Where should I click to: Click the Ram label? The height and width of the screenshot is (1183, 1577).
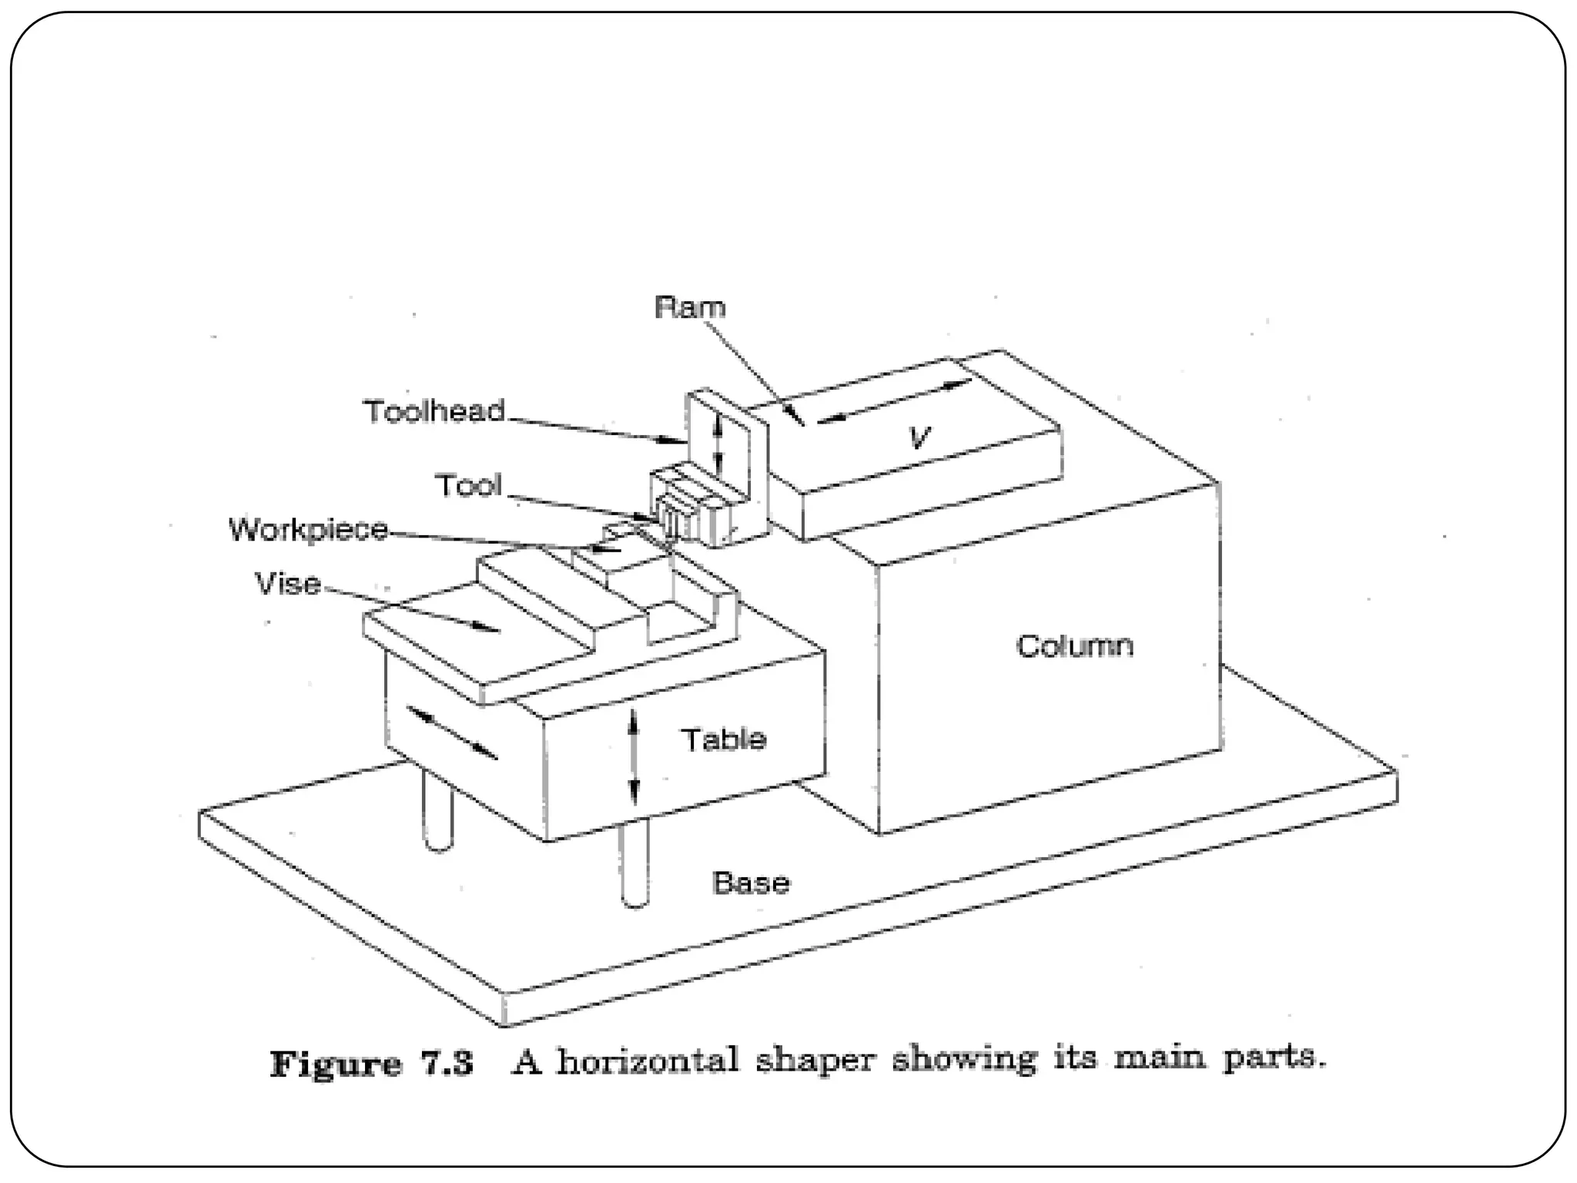[x=690, y=307]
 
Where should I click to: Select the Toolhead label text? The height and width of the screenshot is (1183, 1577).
[x=434, y=411]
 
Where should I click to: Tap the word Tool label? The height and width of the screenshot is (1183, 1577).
[x=468, y=485]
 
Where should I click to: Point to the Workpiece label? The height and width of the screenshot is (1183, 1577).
[x=309, y=530]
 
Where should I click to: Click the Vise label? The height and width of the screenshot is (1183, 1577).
[x=288, y=584]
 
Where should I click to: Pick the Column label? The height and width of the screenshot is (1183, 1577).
[x=1074, y=645]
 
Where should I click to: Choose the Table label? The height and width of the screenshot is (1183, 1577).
[x=724, y=739]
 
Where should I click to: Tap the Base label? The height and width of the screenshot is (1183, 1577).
[x=751, y=883]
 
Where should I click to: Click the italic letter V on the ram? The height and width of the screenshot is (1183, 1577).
[x=919, y=437]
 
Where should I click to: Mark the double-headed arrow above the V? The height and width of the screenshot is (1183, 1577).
[x=893, y=401]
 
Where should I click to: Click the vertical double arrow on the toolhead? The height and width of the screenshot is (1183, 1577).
[x=718, y=444]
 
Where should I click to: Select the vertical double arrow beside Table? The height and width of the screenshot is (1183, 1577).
[x=634, y=757]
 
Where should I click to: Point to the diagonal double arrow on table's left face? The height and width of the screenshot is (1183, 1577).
[x=451, y=732]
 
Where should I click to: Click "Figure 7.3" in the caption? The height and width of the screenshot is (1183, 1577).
[x=372, y=1064]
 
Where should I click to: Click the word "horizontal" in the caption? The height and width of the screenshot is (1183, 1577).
[x=648, y=1062]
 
